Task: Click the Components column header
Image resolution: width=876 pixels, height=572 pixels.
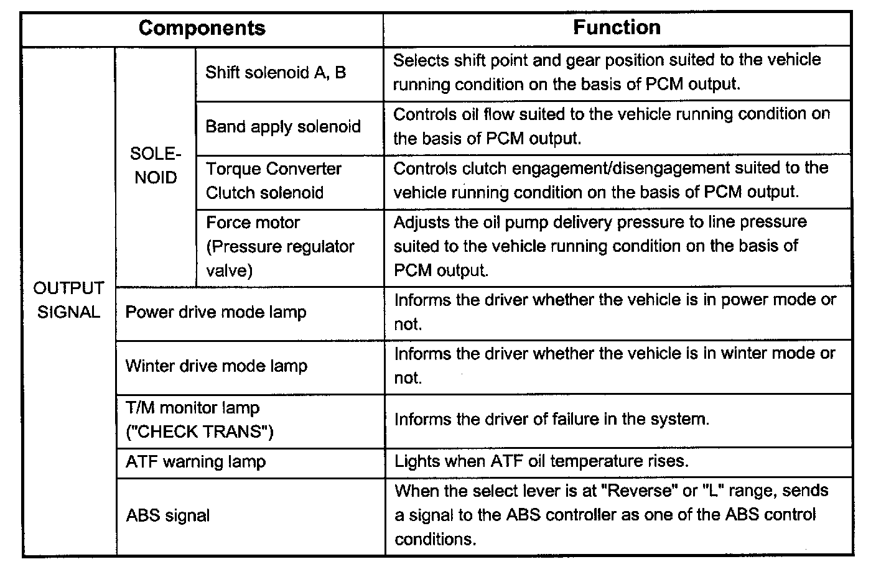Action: pyautogui.click(x=202, y=29)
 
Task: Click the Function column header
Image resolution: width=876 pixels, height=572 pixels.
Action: pyautogui.click(x=617, y=28)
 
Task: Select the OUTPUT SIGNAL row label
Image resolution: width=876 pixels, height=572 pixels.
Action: pyautogui.click(x=68, y=300)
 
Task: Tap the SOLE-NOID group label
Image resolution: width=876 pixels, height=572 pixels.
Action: pyautogui.click(x=156, y=166)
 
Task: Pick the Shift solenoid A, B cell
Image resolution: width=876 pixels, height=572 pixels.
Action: pyautogui.click(x=276, y=73)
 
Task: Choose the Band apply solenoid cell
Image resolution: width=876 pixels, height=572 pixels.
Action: pyautogui.click(x=283, y=127)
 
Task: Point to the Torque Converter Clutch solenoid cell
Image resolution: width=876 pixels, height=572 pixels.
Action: pyautogui.click(x=274, y=180)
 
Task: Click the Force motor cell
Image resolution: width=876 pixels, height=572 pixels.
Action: pyautogui.click(x=253, y=223)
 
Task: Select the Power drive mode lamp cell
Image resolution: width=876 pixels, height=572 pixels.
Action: pyautogui.click(x=216, y=312)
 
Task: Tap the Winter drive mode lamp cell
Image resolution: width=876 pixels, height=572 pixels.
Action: pyautogui.click(x=217, y=366)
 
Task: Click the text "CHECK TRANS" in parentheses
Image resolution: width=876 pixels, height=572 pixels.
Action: pyautogui.click(x=200, y=432)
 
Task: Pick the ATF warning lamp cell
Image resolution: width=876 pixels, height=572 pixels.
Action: pyautogui.click(x=195, y=462)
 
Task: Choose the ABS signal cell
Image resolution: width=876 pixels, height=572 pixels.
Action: pyautogui.click(x=167, y=516)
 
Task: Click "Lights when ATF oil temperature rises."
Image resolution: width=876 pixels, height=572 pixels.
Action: pyautogui.click(x=541, y=462)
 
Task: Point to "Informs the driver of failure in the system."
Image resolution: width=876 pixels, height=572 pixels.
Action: pyautogui.click(x=551, y=419)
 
